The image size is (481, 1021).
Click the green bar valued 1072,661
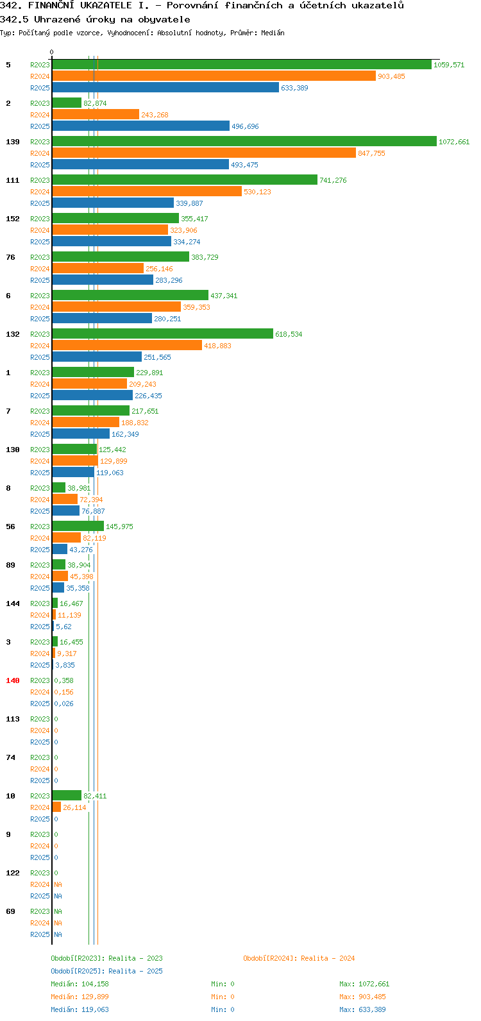244,142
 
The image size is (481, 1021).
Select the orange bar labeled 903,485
214,76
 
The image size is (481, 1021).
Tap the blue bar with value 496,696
141,126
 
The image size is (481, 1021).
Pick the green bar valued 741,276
185,180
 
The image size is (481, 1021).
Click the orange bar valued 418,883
127,346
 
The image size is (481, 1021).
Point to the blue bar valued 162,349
81,434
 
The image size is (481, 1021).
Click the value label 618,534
289,334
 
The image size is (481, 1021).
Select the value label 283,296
169,280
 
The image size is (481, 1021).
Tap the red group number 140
13,680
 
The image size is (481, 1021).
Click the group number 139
13,142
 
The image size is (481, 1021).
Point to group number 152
13,219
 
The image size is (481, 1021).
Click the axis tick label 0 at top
51,52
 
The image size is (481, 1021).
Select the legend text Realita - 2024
328,958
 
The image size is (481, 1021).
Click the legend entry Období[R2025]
78,971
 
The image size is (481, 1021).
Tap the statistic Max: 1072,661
364,984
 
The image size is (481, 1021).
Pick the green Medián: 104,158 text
80,984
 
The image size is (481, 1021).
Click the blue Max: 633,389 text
362,1009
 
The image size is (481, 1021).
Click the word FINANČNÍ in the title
51,6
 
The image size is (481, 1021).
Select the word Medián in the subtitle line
273,33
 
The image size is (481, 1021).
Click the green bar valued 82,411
67,795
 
